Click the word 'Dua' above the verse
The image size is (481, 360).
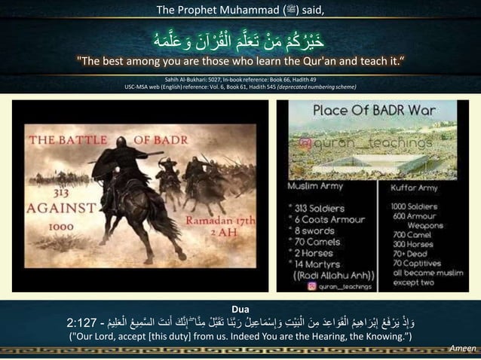click(x=240, y=309)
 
